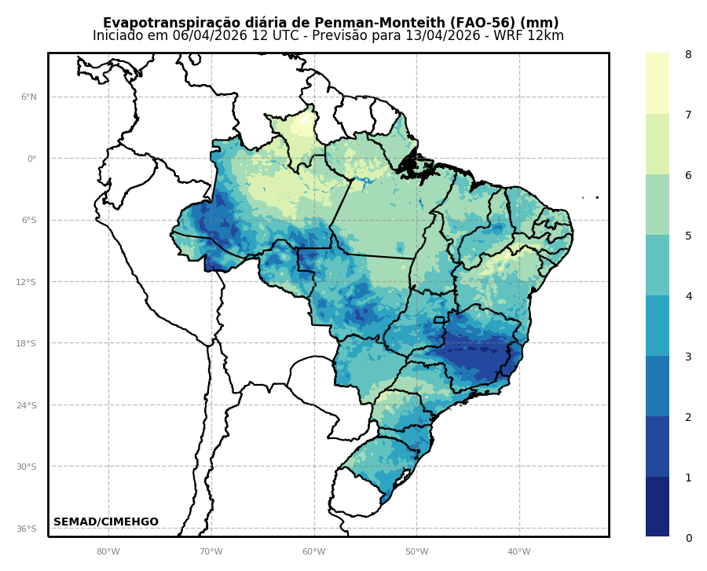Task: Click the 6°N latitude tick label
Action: point(28,97)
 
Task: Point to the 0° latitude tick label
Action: point(31,159)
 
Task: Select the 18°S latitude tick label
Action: point(27,343)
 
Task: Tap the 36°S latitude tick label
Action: point(27,529)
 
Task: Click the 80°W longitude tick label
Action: point(108,551)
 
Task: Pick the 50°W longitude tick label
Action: point(416,551)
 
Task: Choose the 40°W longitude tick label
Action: point(519,551)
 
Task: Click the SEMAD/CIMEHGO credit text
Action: point(106,522)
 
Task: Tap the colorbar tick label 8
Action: point(688,54)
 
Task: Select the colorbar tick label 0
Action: point(688,538)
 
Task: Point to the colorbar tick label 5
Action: point(688,236)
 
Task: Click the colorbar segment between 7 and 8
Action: point(658,83)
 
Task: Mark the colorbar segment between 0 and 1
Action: point(658,507)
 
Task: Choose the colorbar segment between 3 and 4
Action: point(658,325)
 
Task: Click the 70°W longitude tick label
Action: point(211,551)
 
